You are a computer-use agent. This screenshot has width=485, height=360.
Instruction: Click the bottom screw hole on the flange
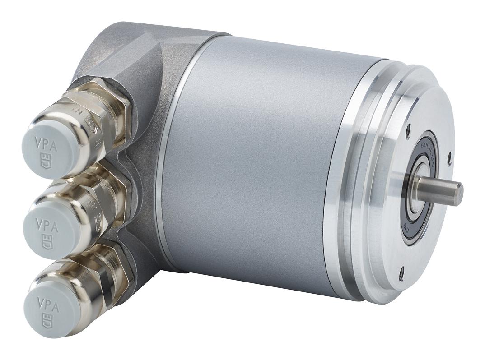click(401, 271)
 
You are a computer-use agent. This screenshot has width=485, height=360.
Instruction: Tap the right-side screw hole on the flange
click(449, 157)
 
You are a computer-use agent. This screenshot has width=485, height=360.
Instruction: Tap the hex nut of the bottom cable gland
click(120, 275)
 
